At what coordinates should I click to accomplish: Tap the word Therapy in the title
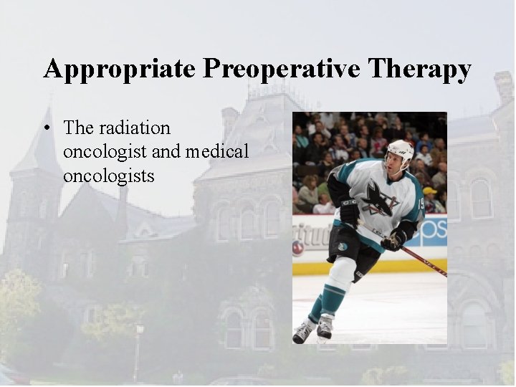[x=420, y=70]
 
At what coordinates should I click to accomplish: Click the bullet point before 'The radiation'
[x=47, y=129]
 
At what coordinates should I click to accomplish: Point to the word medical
[x=216, y=151]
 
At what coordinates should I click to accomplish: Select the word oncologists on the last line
[x=108, y=175]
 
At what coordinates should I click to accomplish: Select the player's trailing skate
[x=303, y=332]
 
